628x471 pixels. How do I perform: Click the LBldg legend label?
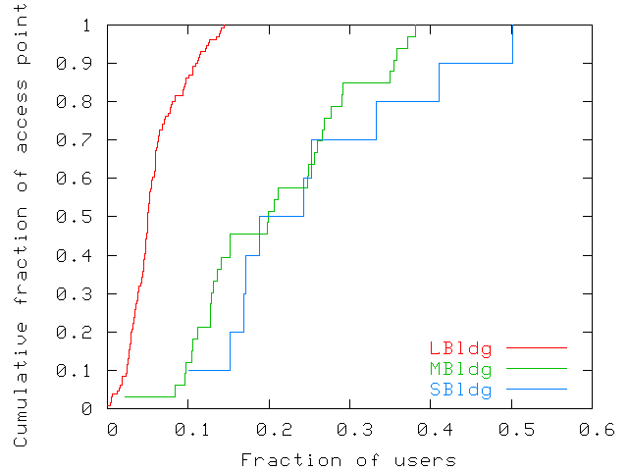pyautogui.click(x=460, y=348)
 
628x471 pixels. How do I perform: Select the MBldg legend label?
pyautogui.click(x=460, y=369)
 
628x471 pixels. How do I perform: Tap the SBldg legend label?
pyautogui.click(x=460, y=390)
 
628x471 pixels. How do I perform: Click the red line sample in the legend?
pyautogui.click(x=538, y=348)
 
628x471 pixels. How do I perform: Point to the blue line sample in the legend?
pyautogui.click(x=538, y=390)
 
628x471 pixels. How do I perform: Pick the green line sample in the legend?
pyautogui.click(x=538, y=369)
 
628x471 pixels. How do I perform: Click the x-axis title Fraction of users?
pyautogui.click(x=348, y=459)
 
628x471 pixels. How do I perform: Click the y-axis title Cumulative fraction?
pyautogui.click(x=21, y=235)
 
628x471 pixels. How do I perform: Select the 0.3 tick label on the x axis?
pyautogui.click(x=350, y=429)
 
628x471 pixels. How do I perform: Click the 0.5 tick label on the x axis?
pyautogui.click(x=512, y=429)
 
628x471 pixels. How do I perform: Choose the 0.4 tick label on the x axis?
pyautogui.click(x=432, y=429)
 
